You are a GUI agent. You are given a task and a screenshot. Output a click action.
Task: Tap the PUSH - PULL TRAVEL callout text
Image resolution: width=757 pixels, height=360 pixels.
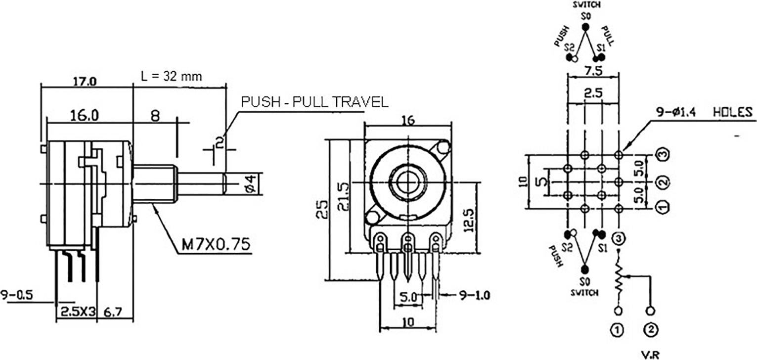point(314,102)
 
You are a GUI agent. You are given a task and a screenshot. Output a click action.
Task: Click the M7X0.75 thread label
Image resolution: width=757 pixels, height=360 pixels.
point(214,243)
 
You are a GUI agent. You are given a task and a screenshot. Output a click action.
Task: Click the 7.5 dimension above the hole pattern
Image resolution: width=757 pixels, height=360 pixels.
point(593,71)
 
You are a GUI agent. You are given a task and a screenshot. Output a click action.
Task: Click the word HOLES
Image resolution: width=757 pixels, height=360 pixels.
point(732,112)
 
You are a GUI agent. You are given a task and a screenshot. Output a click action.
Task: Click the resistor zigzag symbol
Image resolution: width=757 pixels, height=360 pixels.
point(618,279)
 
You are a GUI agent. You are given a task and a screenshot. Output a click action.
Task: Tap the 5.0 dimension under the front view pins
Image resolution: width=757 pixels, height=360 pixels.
point(408,298)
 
